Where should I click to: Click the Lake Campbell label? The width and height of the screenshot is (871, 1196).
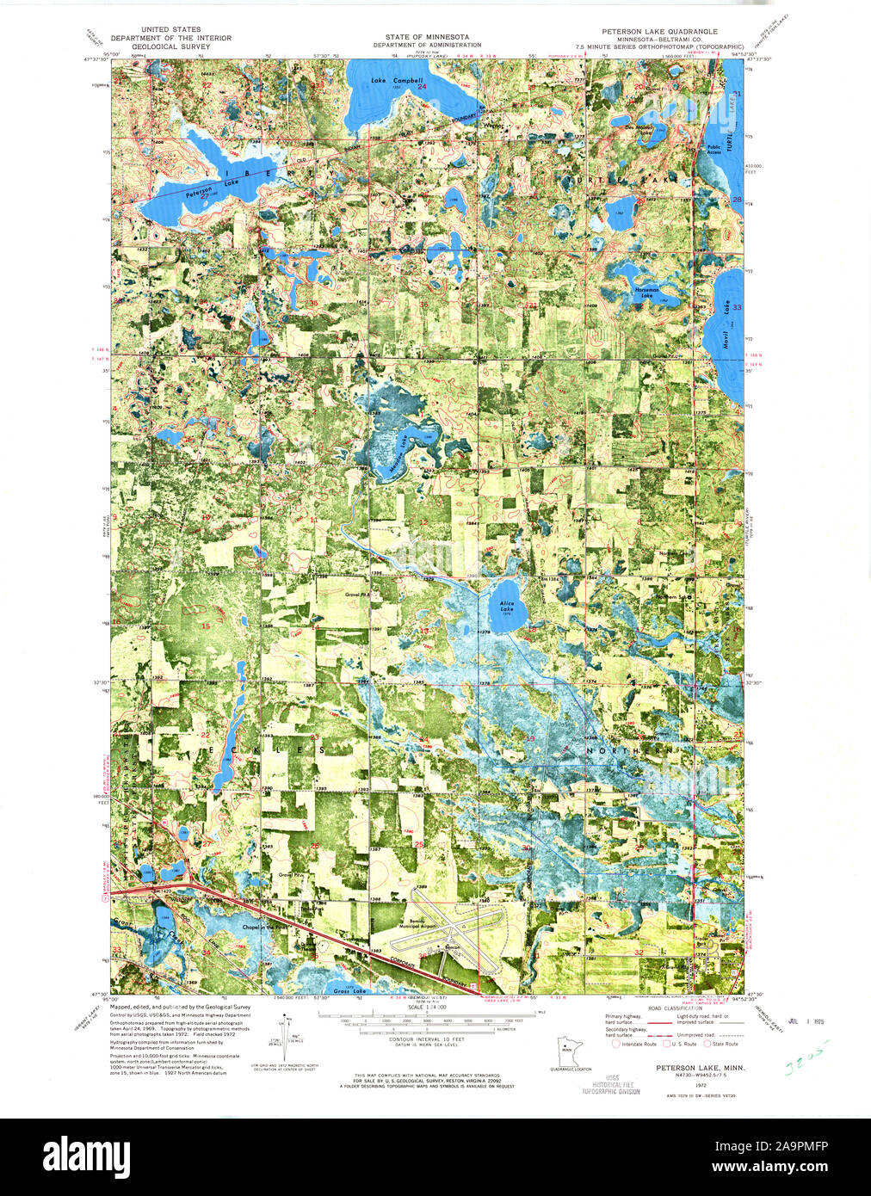397,81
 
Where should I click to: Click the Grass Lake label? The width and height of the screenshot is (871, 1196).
349,991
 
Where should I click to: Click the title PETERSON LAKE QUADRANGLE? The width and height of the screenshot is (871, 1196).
659,30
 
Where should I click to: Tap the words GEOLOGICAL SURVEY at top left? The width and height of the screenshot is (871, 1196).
170,46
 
